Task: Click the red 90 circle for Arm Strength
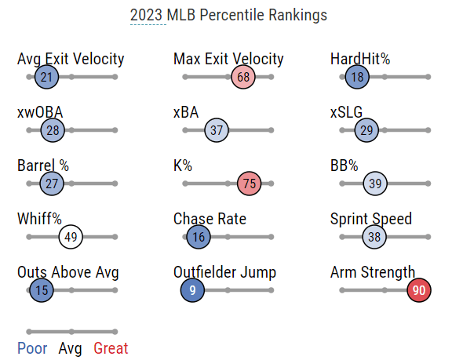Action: pyautogui.click(x=419, y=290)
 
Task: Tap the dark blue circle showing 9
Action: pyautogui.click(x=192, y=290)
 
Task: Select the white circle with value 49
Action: pyautogui.click(x=71, y=237)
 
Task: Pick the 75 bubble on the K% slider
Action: pyautogui.click(x=249, y=184)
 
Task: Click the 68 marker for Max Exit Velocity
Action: pyautogui.click(x=243, y=77)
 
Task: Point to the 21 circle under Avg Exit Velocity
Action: pyautogui.click(x=46, y=77)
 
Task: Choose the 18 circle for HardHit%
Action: pyautogui.click(x=357, y=77)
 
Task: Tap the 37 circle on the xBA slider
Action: pyautogui.click(x=217, y=130)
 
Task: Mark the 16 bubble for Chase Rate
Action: pyautogui.click(x=199, y=237)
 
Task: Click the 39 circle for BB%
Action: pyautogui.click(x=375, y=184)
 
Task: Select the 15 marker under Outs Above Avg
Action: pyautogui.click(x=42, y=290)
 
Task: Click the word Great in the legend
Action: pyautogui.click(x=111, y=348)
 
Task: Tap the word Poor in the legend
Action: pyautogui.click(x=32, y=348)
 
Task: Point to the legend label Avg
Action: pyautogui.click(x=70, y=349)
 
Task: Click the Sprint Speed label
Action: pyautogui.click(x=371, y=220)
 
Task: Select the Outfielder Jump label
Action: pyautogui.click(x=225, y=272)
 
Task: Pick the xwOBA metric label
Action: pyautogui.click(x=40, y=112)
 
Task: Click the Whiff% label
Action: pyautogui.click(x=39, y=219)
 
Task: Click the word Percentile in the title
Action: pyautogui.click(x=231, y=15)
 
